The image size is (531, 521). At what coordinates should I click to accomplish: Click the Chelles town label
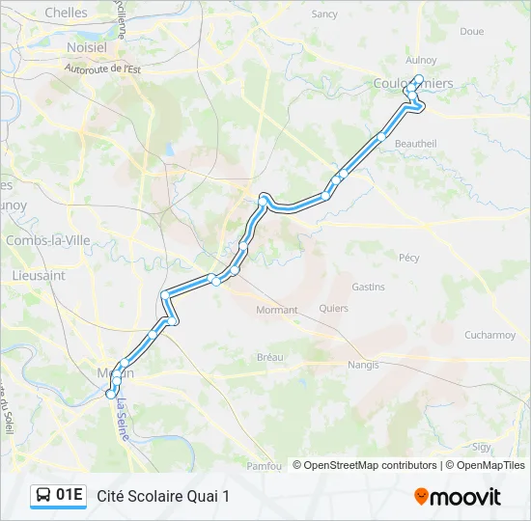click(x=66, y=14)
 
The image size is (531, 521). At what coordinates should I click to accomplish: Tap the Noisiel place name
click(x=87, y=46)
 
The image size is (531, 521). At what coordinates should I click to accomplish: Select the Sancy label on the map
click(x=324, y=14)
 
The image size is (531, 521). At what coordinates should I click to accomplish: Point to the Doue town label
click(x=471, y=32)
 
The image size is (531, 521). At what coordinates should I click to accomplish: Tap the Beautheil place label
click(x=416, y=144)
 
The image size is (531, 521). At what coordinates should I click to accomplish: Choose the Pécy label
click(x=409, y=258)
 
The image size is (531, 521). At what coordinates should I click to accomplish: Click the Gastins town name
click(x=368, y=287)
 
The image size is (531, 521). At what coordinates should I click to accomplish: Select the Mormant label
click(x=277, y=310)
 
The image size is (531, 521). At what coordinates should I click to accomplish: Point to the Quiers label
click(x=333, y=310)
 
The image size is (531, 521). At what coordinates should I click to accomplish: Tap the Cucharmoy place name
click(x=489, y=336)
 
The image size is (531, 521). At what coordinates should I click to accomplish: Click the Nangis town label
click(x=363, y=365)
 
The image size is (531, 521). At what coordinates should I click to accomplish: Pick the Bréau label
click(x=270, y=357)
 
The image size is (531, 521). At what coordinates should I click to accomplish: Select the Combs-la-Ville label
click(x=41, y=240)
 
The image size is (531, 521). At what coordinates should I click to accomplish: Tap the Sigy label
click(x=482, y=447)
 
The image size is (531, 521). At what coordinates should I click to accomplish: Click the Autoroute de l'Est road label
click(x=102, y=69)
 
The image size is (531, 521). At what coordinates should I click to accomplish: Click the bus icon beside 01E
click(x=43, y=496)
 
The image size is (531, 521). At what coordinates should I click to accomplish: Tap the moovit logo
click(x=458, y=497)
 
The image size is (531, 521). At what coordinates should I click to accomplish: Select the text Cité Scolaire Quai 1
click(x=163, y=496)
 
